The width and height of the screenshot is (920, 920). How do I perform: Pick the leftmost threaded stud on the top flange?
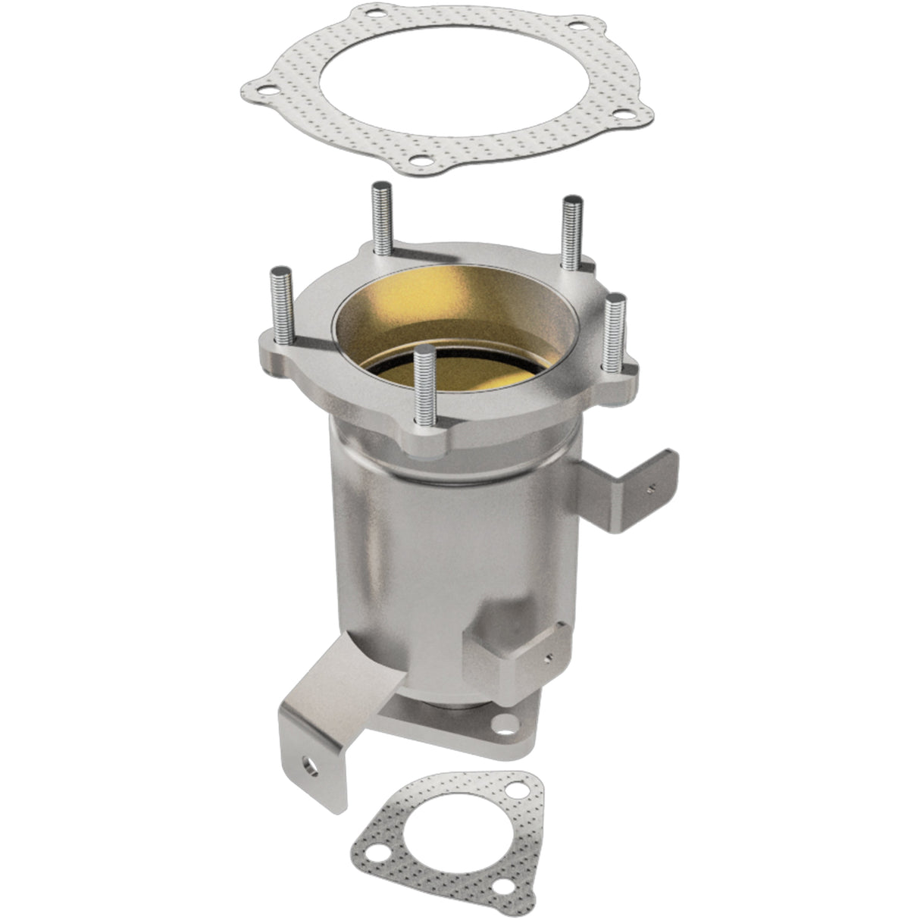click(x=282, y=307)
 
